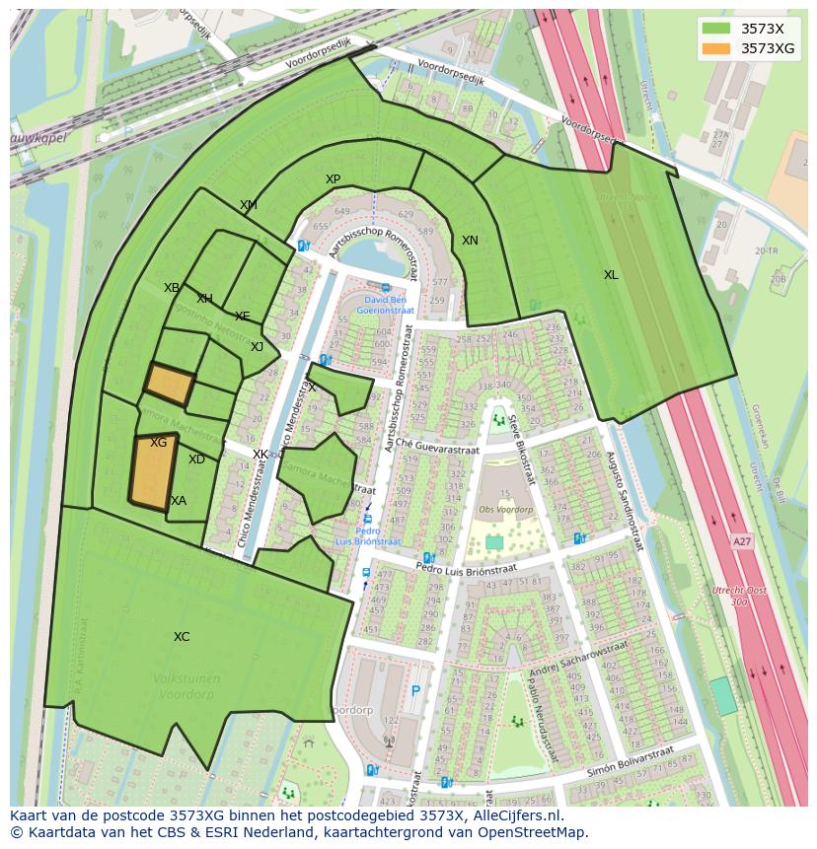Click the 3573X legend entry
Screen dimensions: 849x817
(761, 28)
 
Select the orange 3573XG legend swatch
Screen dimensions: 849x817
(717, 48)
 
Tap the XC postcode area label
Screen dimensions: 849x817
(182, 637)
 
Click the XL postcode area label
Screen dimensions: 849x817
(611, 275)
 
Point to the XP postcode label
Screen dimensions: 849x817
(333, 179)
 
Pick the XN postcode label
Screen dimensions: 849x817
(470, 241)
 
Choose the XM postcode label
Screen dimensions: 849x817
(248, 205)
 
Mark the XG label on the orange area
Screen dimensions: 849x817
(158, 443)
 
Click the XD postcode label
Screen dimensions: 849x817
(196, 460)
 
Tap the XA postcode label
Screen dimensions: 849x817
(179, 501)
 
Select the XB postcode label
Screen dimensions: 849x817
(172, 288)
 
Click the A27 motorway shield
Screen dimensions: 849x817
(741, 542)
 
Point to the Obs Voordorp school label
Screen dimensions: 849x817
(505, 510)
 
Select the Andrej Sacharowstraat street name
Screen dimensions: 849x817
(578, 661)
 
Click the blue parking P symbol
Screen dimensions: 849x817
(415, 691)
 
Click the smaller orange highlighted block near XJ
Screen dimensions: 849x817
(169, 385)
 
